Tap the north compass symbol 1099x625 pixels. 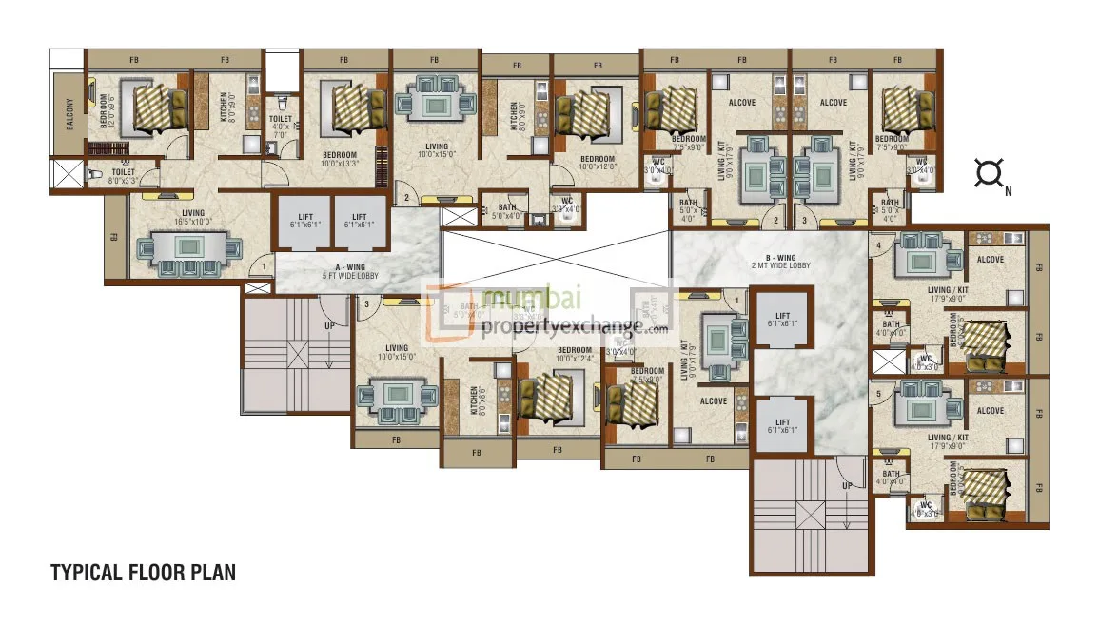(990, 174)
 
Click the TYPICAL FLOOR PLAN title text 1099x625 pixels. (143, 573)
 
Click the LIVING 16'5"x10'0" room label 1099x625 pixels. (188, 217)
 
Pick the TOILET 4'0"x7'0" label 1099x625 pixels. (280, 126)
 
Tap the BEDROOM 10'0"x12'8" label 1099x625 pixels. (598, 163)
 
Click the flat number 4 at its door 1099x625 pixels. (878, 245)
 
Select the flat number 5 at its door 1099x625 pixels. (878, 392)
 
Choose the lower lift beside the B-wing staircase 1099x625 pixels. (782, 426)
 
